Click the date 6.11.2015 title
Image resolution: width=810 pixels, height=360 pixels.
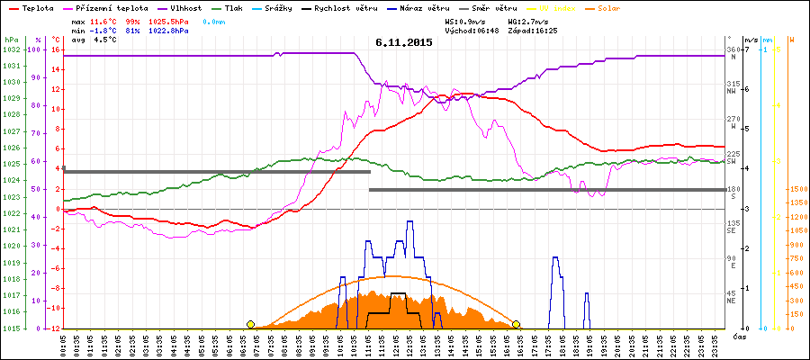tap(404, 42)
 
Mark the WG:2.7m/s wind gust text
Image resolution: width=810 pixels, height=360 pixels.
tap(527, 20)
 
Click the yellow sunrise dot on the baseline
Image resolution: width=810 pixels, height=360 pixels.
tap(250, 324)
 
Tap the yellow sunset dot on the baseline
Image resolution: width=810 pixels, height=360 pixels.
tap(517, 324)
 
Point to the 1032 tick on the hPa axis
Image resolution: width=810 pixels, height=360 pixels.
tap(11, 49)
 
